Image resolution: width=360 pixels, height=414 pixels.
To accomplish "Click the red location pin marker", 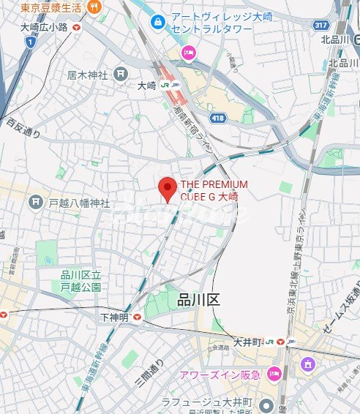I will [x=168, y=189].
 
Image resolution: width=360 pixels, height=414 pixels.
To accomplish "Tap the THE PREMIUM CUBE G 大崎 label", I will [x=214, y=190].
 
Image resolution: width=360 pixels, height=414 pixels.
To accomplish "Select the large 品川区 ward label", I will [x=198, y=300].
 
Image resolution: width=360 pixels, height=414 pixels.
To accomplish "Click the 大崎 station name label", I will [x=148, y=86].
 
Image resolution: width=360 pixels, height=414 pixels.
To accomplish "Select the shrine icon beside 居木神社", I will [x=121, y=73].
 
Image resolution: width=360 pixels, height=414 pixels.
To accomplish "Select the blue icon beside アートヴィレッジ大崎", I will [x=157, y=22].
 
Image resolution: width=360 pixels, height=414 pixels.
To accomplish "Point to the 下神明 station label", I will [x=115, y=317].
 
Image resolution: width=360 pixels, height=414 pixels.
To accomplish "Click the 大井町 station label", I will [x=249, y=341].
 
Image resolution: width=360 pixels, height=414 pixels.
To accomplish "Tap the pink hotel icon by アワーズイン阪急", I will [x=274, y=375].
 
